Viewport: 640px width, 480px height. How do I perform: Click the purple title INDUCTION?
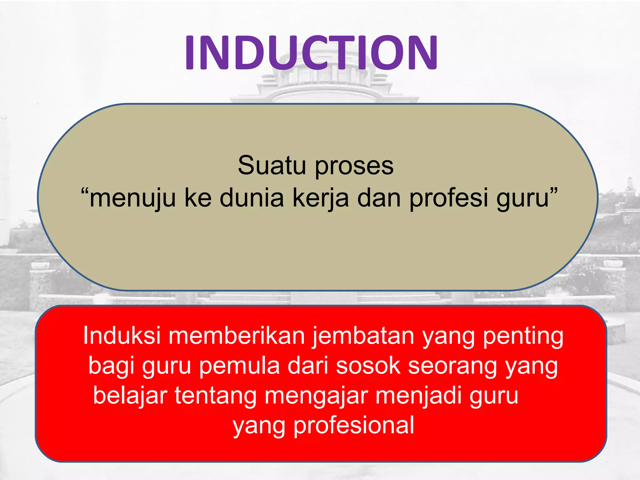[x=311, y=52]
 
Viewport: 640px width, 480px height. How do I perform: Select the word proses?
[x=354, y=166]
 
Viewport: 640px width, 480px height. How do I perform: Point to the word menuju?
[x=132, y=198]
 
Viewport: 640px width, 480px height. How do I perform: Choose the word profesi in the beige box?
[x=448, y=198]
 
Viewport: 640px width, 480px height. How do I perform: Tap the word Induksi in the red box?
[x=122, y=336]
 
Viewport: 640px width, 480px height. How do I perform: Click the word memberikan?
[x=237, y=336]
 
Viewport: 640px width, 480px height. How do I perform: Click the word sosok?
[x=368, y=366]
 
